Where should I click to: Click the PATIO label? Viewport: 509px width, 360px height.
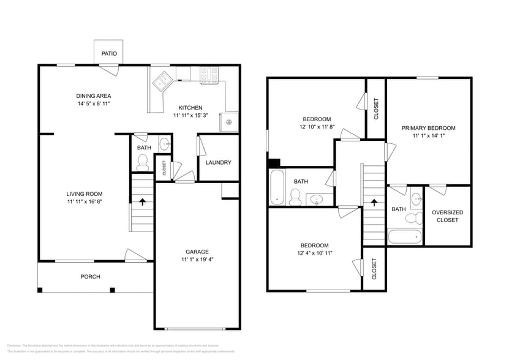(109, 54)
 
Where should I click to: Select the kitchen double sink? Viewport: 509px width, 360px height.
(162, 80)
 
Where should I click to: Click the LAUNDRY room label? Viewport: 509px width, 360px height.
(218, 162)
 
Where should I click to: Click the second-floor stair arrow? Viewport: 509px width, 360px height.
(374, 202)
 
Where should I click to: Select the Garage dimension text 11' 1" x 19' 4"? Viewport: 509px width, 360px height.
(197, 259)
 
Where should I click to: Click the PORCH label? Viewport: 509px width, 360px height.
(90, 277)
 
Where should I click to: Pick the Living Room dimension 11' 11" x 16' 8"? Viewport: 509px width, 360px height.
(84, 201)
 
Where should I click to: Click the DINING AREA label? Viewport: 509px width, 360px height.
(93, 96)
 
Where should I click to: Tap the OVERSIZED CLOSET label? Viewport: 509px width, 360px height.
(447, 216)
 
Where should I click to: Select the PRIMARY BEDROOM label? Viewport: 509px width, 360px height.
(428, 128)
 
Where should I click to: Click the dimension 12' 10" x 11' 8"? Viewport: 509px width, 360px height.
(317, 127)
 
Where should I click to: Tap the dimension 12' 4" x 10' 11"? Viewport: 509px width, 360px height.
(315, 253)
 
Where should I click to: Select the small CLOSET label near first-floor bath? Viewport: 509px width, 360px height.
(164, 167)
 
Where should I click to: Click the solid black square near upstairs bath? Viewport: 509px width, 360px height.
(274, 163)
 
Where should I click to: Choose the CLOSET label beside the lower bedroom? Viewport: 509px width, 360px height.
(374, 268)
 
